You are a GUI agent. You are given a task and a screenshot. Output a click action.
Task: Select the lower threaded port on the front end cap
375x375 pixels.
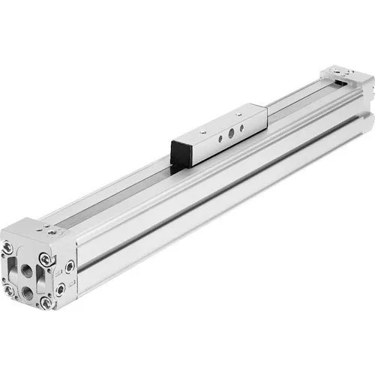[x=28, y=289]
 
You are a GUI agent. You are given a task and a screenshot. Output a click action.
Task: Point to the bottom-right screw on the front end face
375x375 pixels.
[x=46, y=301]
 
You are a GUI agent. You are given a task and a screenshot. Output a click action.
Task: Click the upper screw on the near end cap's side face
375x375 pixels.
[x=70, y=265]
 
